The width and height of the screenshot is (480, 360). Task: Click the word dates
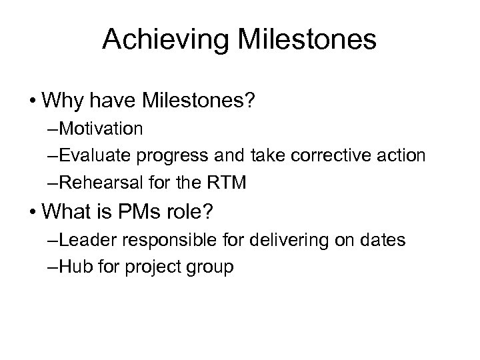382,240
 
